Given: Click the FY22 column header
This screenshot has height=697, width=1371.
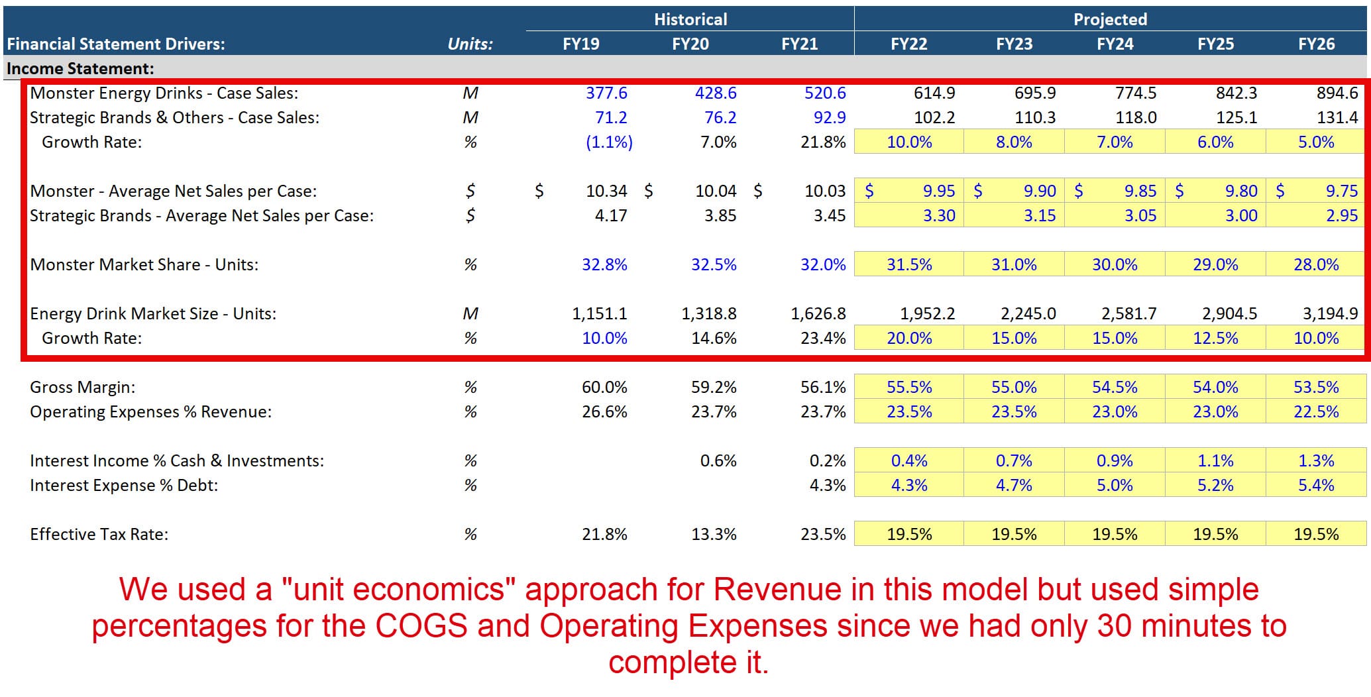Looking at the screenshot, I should pyautogui.click(x=908, y=44).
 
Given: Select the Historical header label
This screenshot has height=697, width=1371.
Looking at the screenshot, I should pyautogui.click(x=690, y=19).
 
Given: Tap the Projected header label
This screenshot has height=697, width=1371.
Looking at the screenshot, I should pyautogui.click(x=1110, y=19).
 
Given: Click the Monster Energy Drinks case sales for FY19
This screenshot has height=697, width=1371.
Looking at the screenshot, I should pyautogui.click(x=606, y=93).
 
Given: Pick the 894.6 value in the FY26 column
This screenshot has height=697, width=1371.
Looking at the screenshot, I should pyautogui.click(x=1337, y=93).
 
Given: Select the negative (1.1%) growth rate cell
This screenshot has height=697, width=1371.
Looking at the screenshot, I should pyautogui.click(x=609, y=142).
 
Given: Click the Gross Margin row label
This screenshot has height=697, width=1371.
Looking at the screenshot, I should pyautogui.click(x=83, y=387).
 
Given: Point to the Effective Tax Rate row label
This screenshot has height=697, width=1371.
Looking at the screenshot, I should pyautogui.click(x=99, y=534).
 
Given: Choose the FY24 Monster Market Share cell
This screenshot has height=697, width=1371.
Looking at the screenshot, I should pyautogui.click(x=1115, y=264).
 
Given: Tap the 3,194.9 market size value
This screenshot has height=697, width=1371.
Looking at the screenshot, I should pyautogui.click(x=1330, y=313).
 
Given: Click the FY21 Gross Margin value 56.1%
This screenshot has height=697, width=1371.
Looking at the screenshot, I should pyautogui.click(x=823, y=387).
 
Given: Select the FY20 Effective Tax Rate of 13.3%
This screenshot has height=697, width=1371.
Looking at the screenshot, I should pyautogui.click(x=714, y=534).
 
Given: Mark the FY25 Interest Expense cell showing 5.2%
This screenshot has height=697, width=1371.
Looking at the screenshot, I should pyautogui.click(x=1215, y=485).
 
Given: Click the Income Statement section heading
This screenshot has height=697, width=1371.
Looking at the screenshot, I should pyautogui.click(x=80, y=68).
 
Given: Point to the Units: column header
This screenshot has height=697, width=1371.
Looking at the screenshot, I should pyautogui.click(x=470, y=44).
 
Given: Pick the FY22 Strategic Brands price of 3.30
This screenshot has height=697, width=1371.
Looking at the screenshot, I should pyautogui.click(x=939, y=215).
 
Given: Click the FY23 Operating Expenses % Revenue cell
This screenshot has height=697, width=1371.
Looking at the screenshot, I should pyautogui.click(x=1014, y=411).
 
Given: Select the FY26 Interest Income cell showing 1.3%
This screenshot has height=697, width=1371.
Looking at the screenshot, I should pyautogui.click(x=1316, y=460).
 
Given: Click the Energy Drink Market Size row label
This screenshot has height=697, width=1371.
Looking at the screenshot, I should pyautogui.click(x=153, y=313).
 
